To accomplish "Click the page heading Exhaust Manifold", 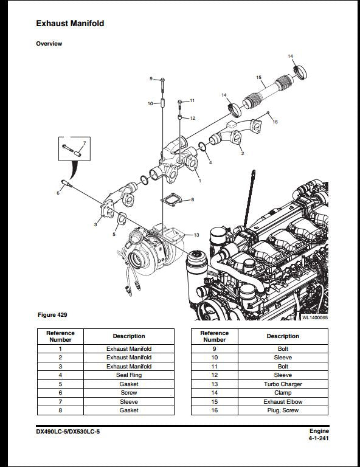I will pyautogui.click(x=70, y=23).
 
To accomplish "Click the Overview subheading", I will pyautogui.click(x=49, y=44).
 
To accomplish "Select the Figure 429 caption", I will pyautogui.click(x=52, y=315).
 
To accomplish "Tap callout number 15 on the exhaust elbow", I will pyautogui.click(x=258, y=78).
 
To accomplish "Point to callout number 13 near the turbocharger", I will pyautogui.click(x=196, y=235).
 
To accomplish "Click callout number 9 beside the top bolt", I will pyautogui.click(x=151, y=79).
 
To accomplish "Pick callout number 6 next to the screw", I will pyautogui.click(x=58, y=193).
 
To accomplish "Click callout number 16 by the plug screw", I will pyautogui.click(x=275, y=122).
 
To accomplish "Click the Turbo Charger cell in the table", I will pyautogui.click(x=283, y=384).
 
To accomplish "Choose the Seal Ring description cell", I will pyautogui.click(x=128, y=375).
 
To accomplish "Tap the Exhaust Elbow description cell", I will pyautogui.click(x=283, y=402).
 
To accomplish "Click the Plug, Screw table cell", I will pyautogui.click(x=283, y=410).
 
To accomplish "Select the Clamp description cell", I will pyautogui.click(x=283, y=393).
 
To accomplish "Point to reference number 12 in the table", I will pyautogui.click(x=214, y=375).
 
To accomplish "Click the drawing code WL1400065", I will pyautogui.click(x=314, y=317).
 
